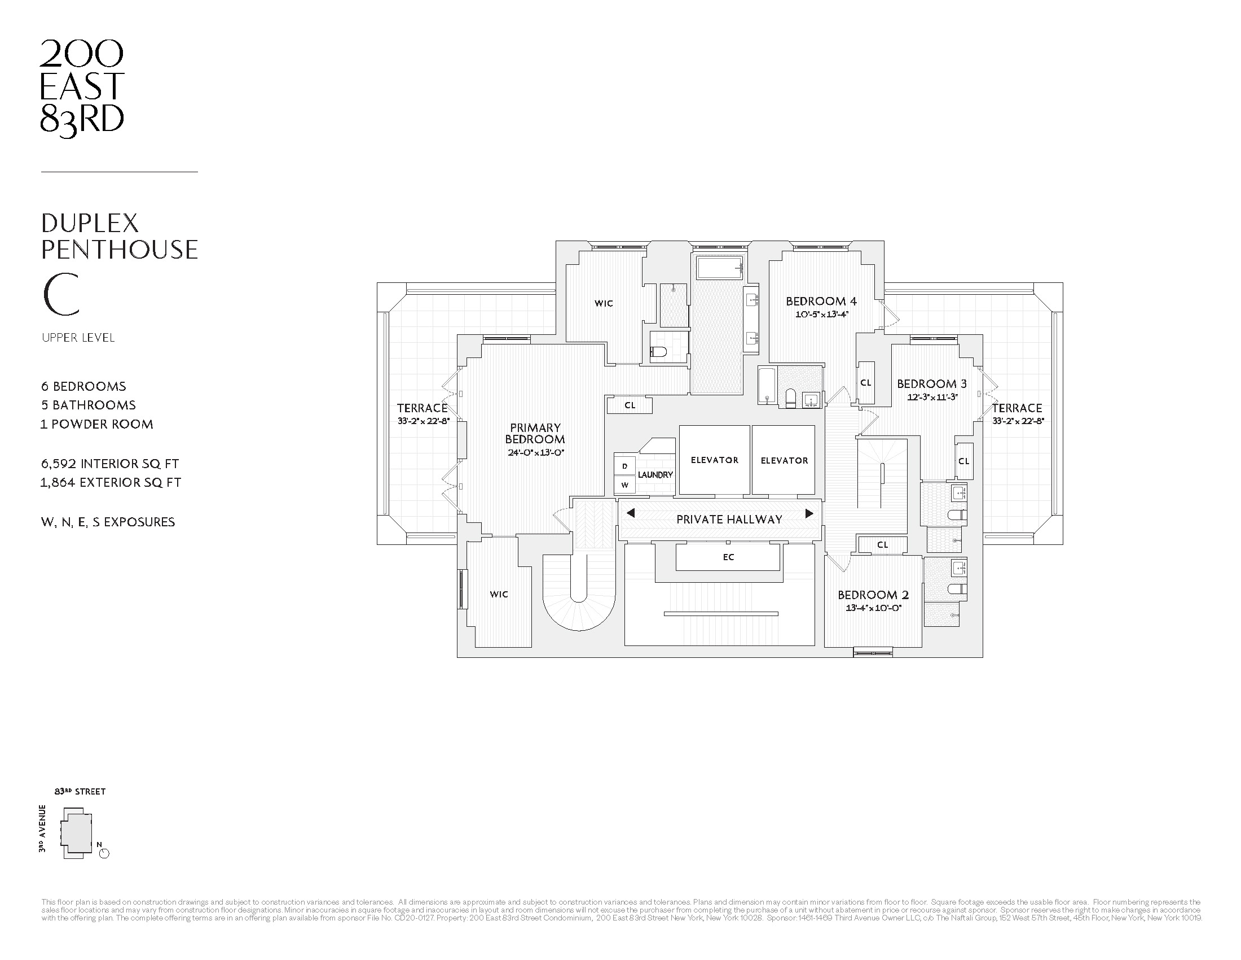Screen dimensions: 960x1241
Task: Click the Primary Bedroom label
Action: click(x=535, y=433)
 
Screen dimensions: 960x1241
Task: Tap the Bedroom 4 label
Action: click(x=821, y=302)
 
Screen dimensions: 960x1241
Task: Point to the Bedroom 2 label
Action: click(x=873, y=595)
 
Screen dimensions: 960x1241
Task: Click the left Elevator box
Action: click(x=714, y=460)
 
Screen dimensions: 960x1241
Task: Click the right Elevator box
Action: click(x=784, y=460)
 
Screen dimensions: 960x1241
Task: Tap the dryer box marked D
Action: click(x=625, y=466)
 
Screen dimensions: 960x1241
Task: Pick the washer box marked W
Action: click(x=625, y=485)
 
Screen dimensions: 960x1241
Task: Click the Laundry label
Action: click(x=655, y=474)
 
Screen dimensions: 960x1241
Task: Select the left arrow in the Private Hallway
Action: click(x=630, y=513)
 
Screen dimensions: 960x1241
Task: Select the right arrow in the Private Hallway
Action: click(x=809, y=513)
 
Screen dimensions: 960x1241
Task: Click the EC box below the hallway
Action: click(x=728, y=557)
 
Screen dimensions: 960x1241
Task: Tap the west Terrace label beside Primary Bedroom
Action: click(x=421, y=408)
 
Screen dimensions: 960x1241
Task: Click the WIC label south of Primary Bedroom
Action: click(x=498, y=594)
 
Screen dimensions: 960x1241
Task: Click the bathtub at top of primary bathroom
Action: click(x=720, y=267)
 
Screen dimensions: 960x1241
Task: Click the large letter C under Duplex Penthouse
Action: click(x=61, y=295)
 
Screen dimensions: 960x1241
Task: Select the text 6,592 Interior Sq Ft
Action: click(x=109, y=464)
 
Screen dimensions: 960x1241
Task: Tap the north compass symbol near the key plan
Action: click(x=104, y=853)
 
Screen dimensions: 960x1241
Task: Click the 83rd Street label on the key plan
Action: click(x=80, y=792)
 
